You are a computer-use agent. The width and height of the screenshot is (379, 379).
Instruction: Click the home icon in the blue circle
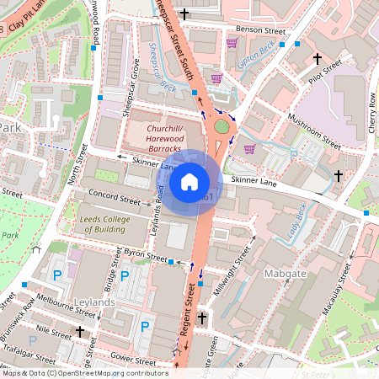(x=189, y=180)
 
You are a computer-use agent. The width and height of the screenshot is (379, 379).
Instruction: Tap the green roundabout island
(x=222, y=126)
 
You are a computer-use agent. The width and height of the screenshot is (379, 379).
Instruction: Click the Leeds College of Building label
(x=113, y=223)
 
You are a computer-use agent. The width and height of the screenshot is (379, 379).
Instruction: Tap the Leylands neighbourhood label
(x=93, y=302)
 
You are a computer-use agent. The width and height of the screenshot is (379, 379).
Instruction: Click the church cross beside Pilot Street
(x=318, y=58)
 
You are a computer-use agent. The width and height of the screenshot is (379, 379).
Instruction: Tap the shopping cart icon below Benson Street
(x=232, y=43)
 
